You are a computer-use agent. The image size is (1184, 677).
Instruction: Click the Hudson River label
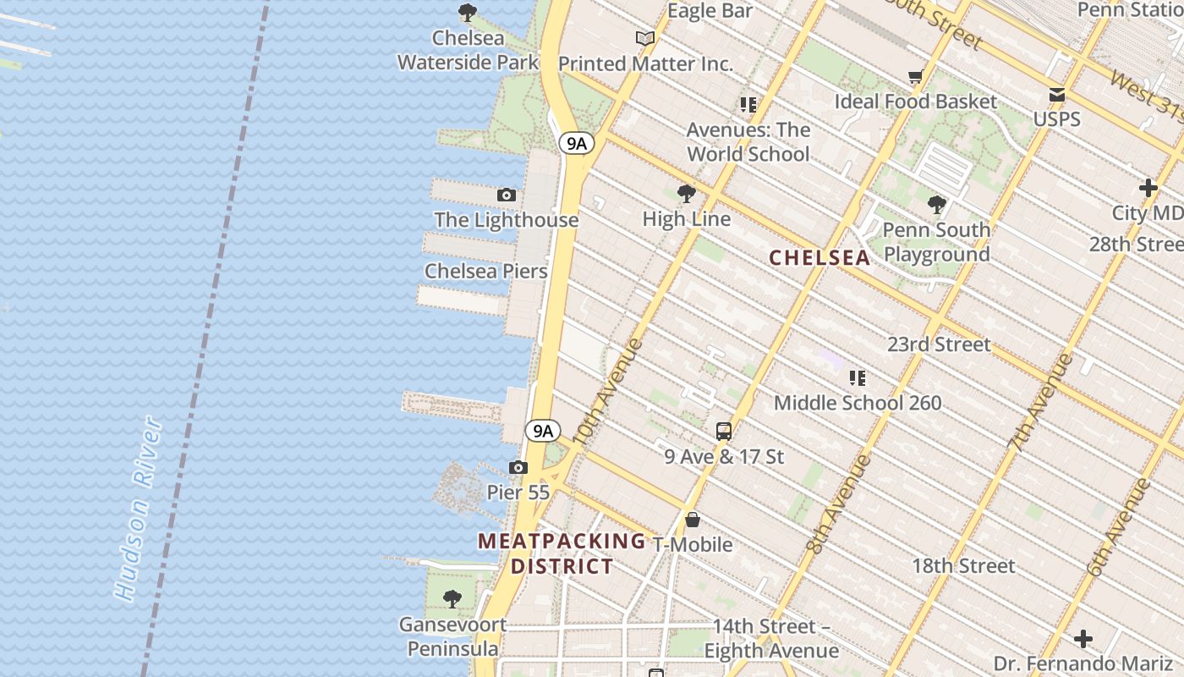point(139,509)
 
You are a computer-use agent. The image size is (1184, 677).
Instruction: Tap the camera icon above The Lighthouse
point(507,195)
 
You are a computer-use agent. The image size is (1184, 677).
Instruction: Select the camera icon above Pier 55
point(518,468)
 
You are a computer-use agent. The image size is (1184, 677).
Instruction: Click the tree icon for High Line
point(687,194)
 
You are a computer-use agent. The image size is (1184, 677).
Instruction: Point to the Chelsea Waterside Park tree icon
point(467,13)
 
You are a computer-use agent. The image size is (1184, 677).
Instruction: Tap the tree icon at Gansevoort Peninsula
point(452,599)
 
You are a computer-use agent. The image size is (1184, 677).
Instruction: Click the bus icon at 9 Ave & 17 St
point(724,432)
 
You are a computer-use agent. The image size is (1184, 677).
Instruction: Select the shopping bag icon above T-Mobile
point(693,520)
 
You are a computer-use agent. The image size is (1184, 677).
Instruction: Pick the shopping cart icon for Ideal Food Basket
point(915,78)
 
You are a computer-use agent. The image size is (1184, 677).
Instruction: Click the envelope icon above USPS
point(1057,95)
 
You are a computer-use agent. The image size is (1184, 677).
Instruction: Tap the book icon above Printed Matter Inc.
point(645,38)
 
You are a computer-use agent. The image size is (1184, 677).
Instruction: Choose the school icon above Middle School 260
point(858,378)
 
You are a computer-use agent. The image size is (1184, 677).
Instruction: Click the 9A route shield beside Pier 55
point(542,431)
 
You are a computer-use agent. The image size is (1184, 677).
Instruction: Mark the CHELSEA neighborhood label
point(819,258)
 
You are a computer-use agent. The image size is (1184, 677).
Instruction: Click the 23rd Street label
point(939,344)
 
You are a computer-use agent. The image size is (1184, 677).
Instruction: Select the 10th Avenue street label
point(606,392)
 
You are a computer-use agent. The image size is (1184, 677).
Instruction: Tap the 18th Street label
point(963,566)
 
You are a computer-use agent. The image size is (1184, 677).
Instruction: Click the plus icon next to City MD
point(1148,188)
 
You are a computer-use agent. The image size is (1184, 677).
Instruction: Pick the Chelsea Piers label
point(485,272)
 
